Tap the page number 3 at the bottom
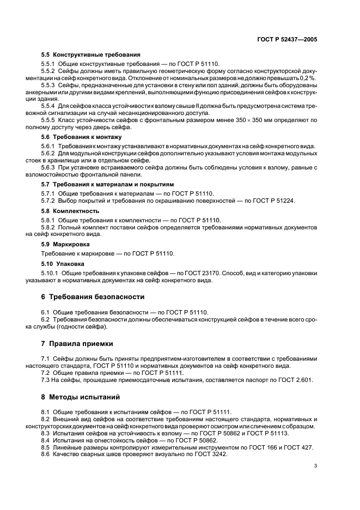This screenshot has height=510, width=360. (315, 466)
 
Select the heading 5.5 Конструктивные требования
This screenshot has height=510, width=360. (91, 54)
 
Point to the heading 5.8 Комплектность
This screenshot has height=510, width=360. (70, 210)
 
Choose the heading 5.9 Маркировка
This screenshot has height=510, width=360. (66, 244)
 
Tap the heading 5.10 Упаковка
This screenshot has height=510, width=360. (63, 264)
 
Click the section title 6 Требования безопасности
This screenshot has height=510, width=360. (93, 297)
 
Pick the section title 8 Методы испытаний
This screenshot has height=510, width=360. (81, 397)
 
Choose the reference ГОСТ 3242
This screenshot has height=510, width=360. (210, 454)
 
